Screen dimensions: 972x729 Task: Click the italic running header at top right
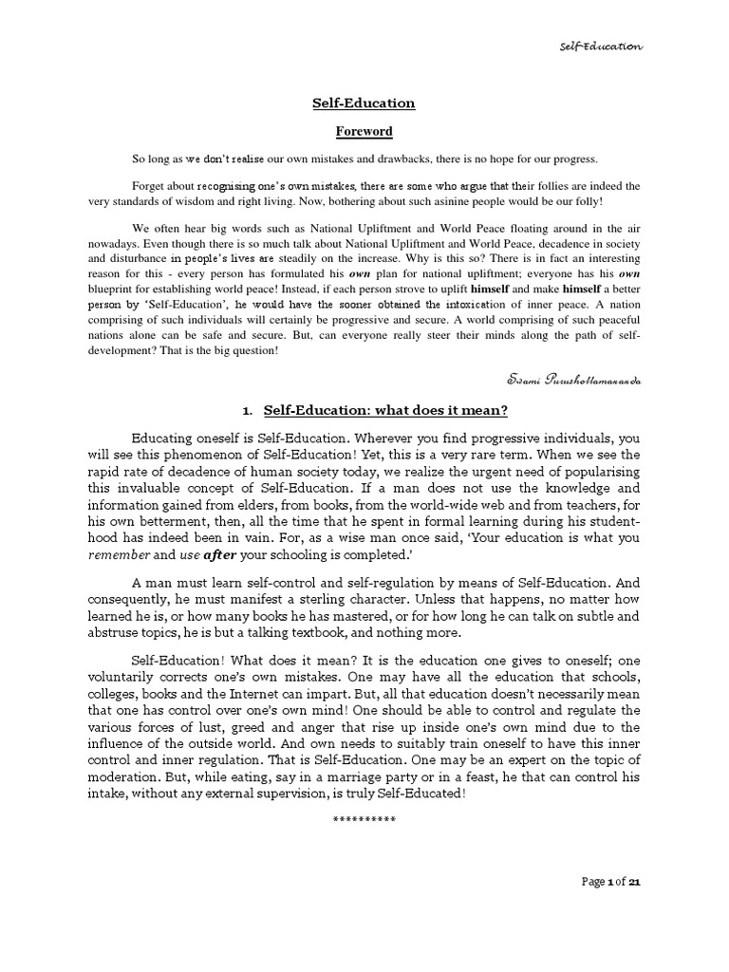tap(601, 46)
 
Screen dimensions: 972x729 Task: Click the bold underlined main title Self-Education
tap(364, 103)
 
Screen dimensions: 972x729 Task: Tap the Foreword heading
tap(364, 131)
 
